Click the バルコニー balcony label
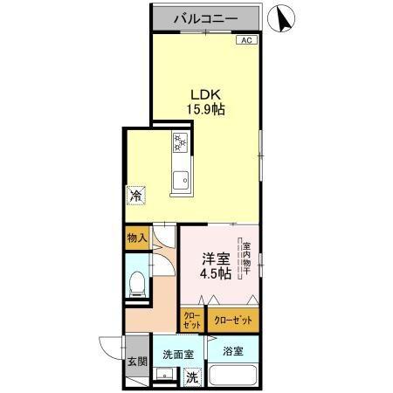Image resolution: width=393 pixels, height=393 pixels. coord(203,17)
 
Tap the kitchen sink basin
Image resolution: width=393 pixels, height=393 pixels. coord(181,183)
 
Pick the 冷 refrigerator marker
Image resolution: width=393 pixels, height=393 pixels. coord(135,196)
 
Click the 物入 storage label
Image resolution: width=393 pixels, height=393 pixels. coord(136,237)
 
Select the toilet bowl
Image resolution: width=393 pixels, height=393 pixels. coord(136,282)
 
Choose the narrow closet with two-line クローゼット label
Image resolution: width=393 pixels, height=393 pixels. coord(191,320)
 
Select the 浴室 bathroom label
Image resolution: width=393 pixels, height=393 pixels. coord(231,352)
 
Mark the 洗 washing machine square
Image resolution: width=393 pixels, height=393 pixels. coord(192,379)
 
